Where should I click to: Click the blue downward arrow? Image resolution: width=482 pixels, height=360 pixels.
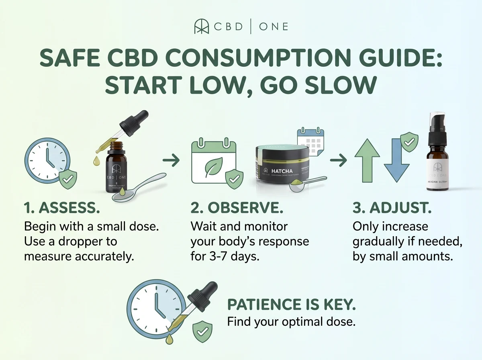396,161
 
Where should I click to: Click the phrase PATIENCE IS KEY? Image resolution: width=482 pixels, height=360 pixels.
292,305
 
